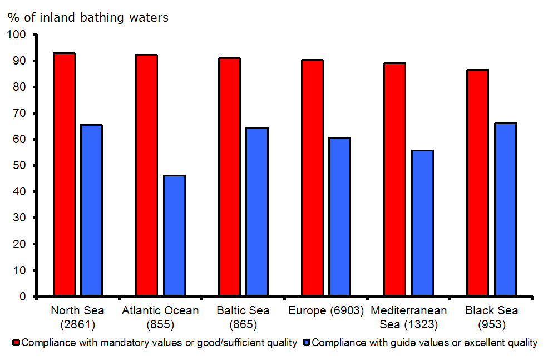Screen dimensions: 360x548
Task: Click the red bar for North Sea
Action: click(x=64, y=174)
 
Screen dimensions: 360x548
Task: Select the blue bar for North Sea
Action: click(x=91, y=210)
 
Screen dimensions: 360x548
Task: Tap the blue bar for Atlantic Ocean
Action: click(x=174, y=236)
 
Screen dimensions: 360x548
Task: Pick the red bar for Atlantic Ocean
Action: click(x=147, y=175)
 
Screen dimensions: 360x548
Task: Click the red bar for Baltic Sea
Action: click(x=229, y=177)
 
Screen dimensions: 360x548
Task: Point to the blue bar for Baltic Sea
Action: click(x=257, y=212)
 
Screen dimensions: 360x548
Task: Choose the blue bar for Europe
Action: click(x=339, y=217)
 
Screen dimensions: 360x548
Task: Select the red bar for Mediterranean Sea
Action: click(x=394, y=180)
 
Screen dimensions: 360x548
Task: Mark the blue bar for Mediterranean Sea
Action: click(x=422, y=223)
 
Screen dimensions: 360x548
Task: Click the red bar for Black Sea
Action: click(x=477, y=183)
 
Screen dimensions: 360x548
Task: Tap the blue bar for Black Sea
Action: click(x=505, y=210)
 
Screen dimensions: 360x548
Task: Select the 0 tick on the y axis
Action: click(x=23, y=297)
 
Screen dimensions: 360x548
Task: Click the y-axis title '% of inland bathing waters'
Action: click(x=88, y=18)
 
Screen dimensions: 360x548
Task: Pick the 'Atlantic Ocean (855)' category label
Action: click(x=160, y=316)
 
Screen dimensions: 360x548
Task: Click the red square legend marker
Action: click(x=17, y=343)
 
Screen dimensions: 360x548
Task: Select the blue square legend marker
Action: click(x=307, y=343)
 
